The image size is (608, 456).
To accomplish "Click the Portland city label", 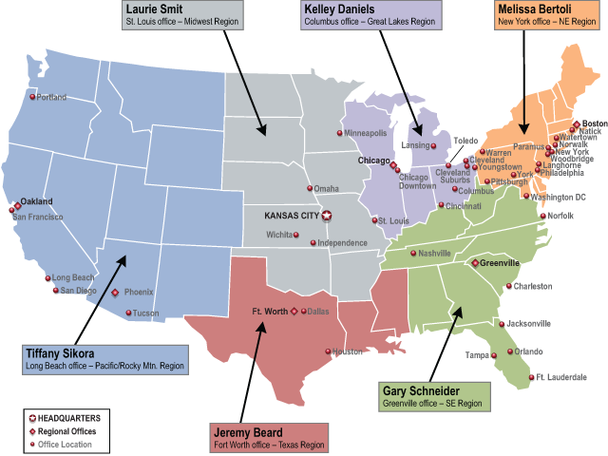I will pos(51,97).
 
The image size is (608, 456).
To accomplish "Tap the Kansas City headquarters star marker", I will pos(328,216).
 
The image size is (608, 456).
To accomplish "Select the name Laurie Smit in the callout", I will pos(156,9).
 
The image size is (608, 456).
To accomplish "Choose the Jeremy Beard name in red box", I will pos(246,432).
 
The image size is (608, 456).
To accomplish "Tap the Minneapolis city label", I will pos(366,133).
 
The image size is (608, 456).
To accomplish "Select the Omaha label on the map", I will pos(326,188).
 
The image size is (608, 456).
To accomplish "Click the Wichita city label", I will pos(279,234).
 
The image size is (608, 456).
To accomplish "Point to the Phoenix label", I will pos(139,293).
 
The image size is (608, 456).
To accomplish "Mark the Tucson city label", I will pos(145,313).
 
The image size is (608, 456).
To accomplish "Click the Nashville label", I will pos(434,254).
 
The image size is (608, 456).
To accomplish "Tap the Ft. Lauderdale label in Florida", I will pos(561,377).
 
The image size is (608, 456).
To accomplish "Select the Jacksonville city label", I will pos(528,323).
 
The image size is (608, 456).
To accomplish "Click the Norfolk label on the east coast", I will pos(560,216).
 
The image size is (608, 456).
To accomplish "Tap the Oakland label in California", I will pos(36,201).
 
